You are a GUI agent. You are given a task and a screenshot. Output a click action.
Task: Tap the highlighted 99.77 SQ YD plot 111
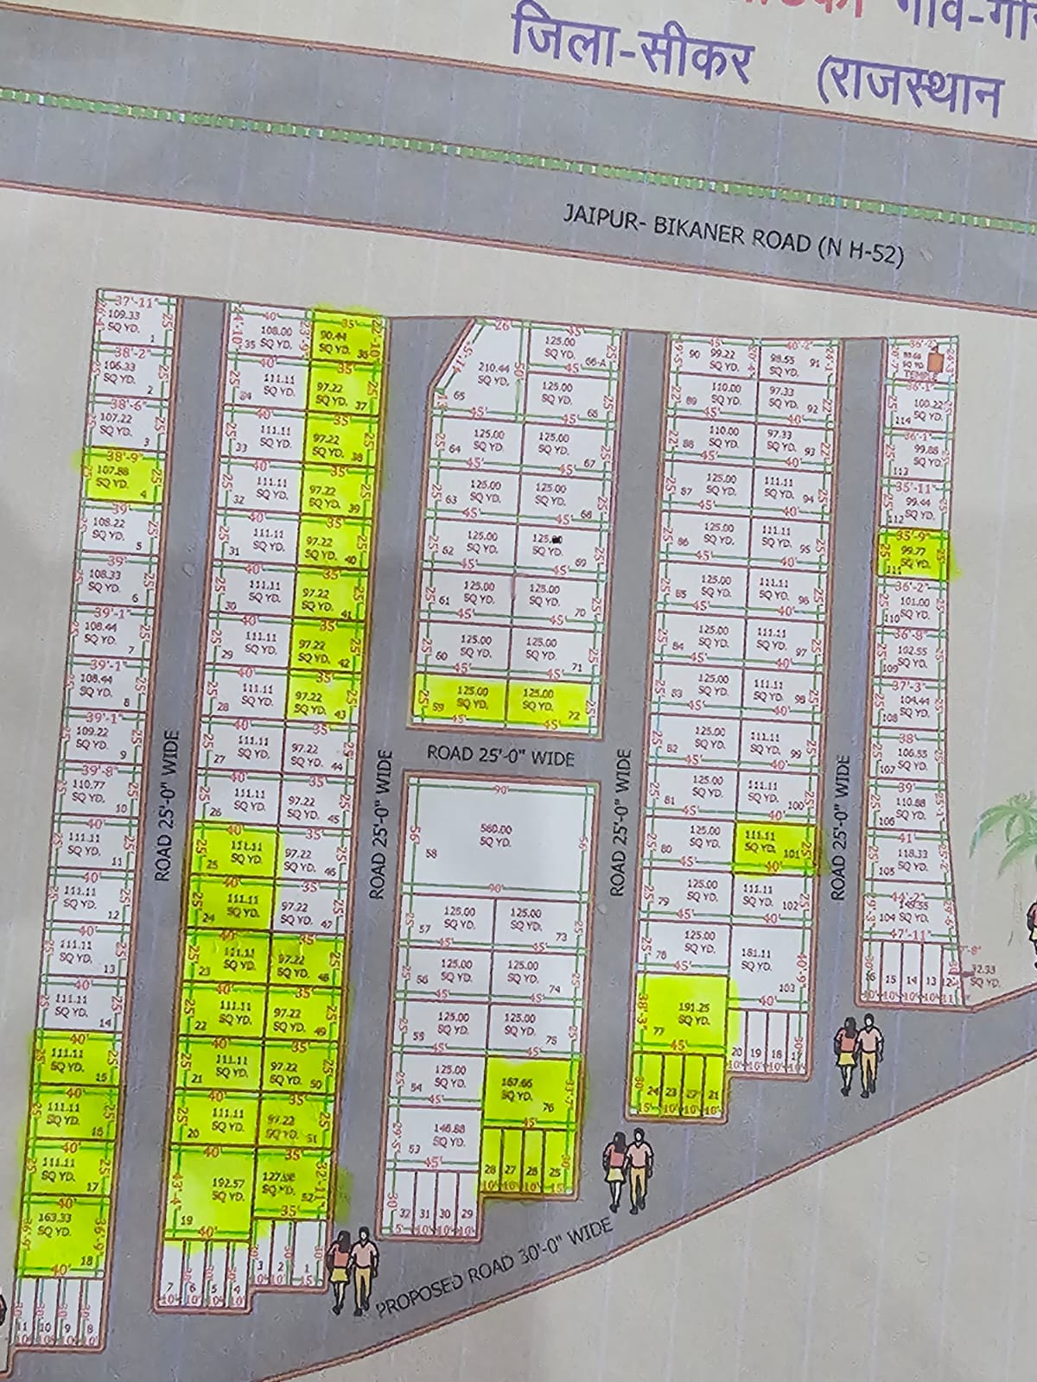click(913, 555)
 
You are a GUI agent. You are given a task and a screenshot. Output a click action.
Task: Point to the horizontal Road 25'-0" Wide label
click(501, 756)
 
